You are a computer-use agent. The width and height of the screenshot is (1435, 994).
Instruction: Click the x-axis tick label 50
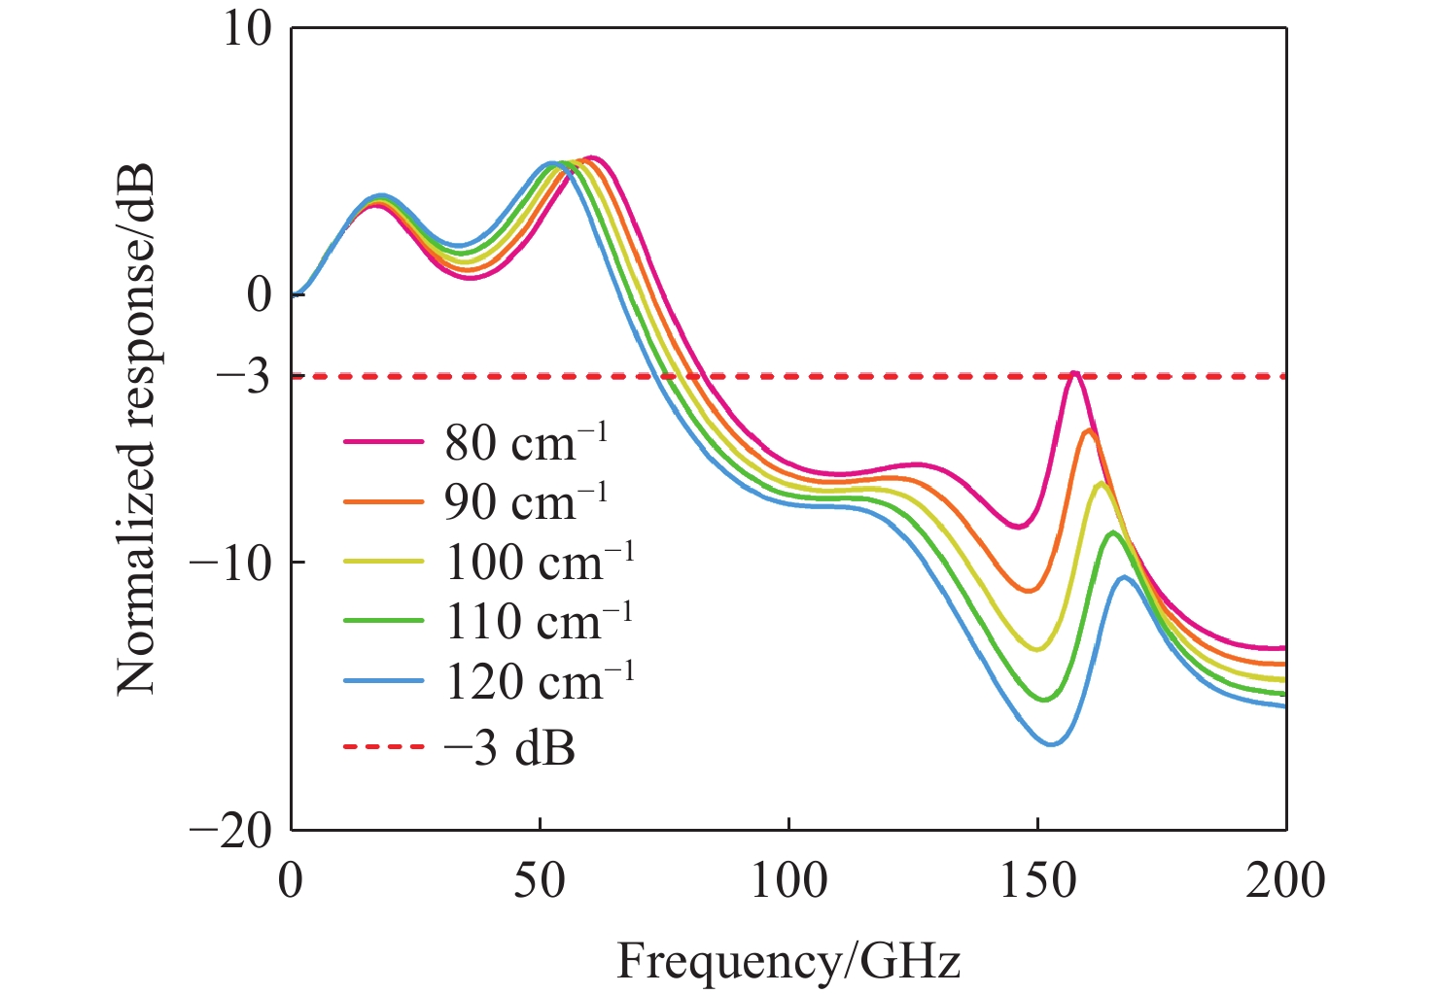[540, 881]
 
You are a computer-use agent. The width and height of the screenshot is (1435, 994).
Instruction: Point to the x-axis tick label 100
[788, 881]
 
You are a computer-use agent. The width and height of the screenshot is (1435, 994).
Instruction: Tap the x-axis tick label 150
[1037, 881]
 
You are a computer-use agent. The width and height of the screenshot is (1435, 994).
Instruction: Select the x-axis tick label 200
[1285, 881]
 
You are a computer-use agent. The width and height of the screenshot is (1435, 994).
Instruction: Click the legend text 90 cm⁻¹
[525, 500]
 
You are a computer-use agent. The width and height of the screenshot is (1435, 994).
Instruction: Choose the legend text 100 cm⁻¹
[540, 561]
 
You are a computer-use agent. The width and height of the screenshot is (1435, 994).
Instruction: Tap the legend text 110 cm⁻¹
[540, 620]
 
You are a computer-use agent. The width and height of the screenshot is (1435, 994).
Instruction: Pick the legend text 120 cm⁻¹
[540, 680]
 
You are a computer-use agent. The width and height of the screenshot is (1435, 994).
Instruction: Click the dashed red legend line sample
[384, 746]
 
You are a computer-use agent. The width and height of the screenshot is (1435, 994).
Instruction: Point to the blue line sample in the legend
[384, 680]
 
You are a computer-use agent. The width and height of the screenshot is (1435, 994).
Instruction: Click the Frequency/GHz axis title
[787, 961]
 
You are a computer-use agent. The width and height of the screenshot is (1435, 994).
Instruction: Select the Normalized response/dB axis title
[136, 428]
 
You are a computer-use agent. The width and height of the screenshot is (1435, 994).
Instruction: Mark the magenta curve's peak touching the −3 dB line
[1074, 372]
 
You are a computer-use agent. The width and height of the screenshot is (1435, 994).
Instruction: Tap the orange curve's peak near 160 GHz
[1089, 430]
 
